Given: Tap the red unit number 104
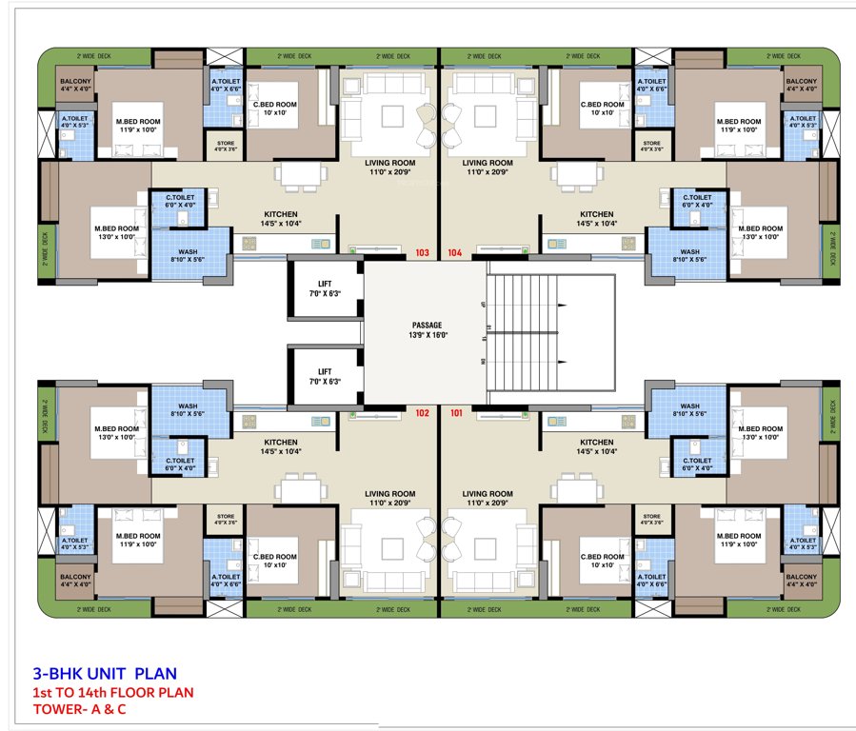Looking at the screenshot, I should point(454,253).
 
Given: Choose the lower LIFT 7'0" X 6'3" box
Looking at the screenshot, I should point(325,376).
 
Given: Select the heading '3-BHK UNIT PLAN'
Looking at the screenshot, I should point(105,672).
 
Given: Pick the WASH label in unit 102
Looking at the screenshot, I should point(188,410).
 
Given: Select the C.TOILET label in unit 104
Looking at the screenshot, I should point(698,201).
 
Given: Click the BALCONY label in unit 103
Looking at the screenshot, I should point(75,86).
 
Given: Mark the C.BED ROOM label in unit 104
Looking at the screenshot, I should point(602,109).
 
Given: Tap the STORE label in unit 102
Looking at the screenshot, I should point(226,520).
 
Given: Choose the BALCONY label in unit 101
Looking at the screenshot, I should point(801,581).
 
